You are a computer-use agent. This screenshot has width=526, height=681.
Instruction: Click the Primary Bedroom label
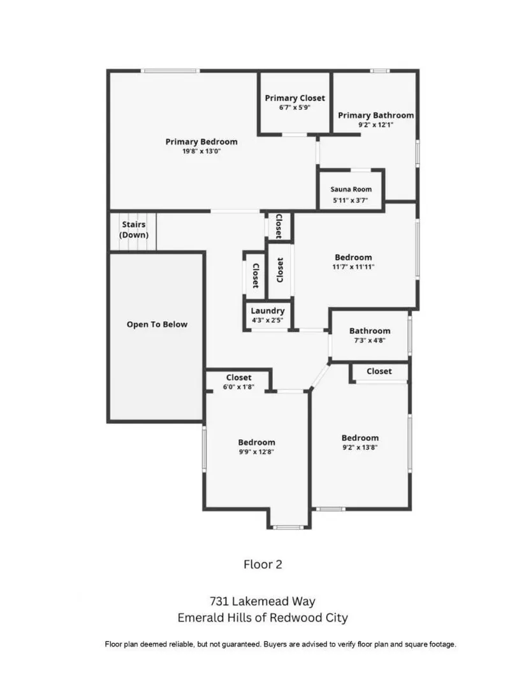pyautogui.click(x=201, y=142)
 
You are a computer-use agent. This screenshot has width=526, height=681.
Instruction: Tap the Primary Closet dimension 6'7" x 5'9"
pyautogui.click(x=295, y=108)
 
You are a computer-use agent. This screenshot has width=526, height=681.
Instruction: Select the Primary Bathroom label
pyautogui.click(x=376, y=116)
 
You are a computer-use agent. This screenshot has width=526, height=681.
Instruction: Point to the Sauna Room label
pyautogui.click(x=351, y=190)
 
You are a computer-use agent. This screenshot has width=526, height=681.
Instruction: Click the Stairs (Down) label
pyautogui.click(x=134, y=230)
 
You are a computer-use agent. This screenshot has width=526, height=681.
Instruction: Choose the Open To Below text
pyautogui.click(x=157, y=324)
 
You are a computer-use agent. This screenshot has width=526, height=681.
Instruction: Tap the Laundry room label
pyautogui.click(x=268, y=311)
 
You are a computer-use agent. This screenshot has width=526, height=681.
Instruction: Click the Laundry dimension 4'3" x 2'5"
pyautogui.click(x=268, y=320)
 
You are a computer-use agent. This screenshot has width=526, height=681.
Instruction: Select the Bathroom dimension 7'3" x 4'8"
pyautogui.click(x=370, y=340)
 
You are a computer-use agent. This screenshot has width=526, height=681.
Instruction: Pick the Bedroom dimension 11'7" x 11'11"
pyautogui.click(x=353, y=267)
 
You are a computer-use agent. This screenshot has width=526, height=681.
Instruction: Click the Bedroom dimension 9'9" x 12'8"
pyautogui.click(x=257, y=452)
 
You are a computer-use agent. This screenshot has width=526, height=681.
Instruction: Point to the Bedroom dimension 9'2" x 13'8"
pyautogui.click(x=360, y=447)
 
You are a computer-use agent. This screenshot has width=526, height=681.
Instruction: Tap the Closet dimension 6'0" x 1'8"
pyautogui.click(x=238, y=387)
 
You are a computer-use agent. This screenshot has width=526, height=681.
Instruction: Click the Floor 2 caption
pyautogui.click(x=263, y=564)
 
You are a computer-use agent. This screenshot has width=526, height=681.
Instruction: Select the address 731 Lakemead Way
pyautogui.click(x=263, y=601)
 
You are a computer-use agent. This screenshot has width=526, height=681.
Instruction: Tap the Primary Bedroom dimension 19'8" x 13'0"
pyautogui.click(x=201, y=151)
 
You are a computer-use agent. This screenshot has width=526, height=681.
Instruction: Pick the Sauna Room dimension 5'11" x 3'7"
pyautogui.click(x=351, y=200)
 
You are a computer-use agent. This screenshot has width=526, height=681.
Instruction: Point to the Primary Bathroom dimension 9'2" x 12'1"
pyautogui.click(x=376, y=125)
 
